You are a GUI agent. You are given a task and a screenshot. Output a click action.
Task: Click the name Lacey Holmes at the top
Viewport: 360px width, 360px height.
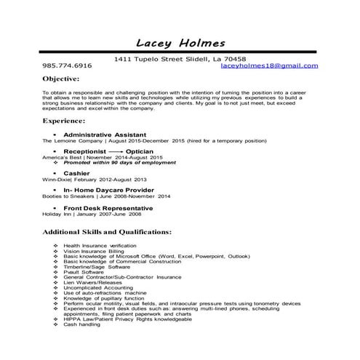point(180,42)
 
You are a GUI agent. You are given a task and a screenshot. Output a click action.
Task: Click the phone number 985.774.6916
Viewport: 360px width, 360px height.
point(68,65)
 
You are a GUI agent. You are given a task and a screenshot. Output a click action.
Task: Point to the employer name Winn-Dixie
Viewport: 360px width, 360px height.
point(57,179)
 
